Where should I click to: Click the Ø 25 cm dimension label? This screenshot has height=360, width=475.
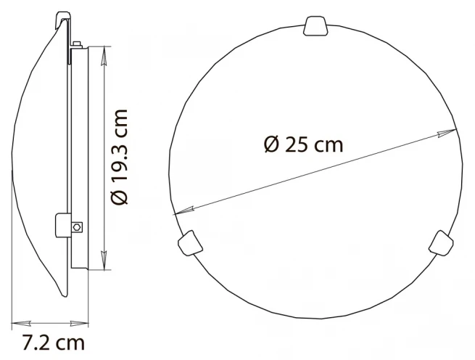304,144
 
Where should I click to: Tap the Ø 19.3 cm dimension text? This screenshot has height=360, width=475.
120,157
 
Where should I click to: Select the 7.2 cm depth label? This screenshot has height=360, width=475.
54,343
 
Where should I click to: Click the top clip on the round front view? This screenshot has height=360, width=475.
315,26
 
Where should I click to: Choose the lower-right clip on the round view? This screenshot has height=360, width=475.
441,242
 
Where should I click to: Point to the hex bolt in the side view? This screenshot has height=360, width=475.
77,226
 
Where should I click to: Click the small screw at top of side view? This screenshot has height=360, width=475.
77,44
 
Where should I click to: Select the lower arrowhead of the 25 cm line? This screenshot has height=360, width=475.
183,210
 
